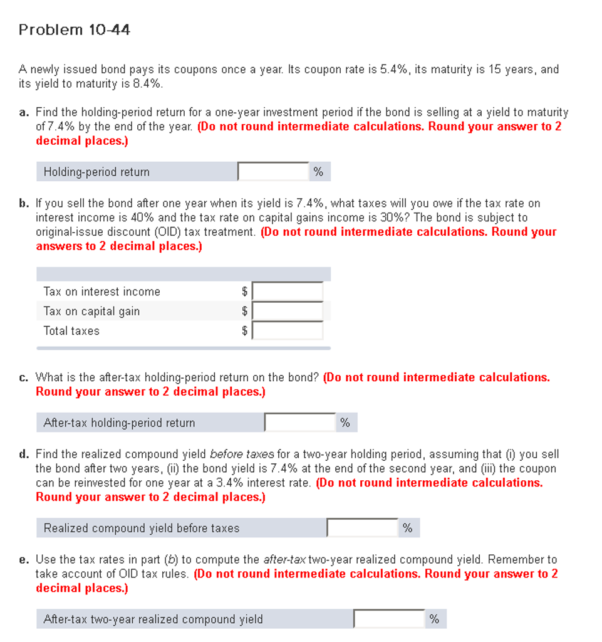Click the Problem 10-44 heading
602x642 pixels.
tap(75, 29)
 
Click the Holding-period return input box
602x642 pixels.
tap(273, 172)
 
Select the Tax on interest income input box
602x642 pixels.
tap(288, 292)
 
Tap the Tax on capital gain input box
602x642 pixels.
tap(288, 311)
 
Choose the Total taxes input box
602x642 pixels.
tap(288, 330)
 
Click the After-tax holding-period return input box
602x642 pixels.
tap(300, 423)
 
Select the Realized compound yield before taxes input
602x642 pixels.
tap(362, 528)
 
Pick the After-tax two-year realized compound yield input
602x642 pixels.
tap(389, 619)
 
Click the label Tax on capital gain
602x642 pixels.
tap(91, 311)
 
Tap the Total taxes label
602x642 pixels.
tap(71, 330)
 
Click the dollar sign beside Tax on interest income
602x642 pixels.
tap(245, 292)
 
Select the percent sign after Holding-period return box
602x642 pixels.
tap(318, 172)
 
